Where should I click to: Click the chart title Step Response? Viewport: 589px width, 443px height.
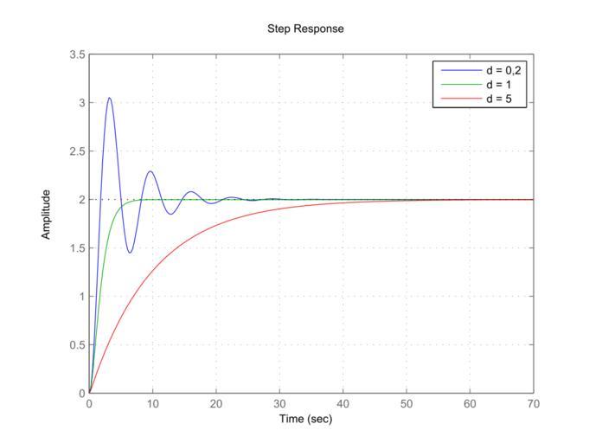click(305, 29)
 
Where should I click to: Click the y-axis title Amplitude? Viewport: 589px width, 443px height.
click(48, 215)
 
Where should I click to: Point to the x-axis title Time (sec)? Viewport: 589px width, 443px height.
click(305, 420)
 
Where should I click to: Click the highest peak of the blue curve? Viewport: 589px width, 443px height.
click(109, 98)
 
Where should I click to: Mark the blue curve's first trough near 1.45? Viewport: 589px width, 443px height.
click(130, 253)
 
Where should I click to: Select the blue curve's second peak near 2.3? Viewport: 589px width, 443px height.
click(150, 170)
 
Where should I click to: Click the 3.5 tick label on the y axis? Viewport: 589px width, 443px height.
click(77, 55)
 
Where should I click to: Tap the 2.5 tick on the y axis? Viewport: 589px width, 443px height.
click(77, 151)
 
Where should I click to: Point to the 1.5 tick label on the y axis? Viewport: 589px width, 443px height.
click(77, 248)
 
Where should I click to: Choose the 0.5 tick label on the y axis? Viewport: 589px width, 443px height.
click(77, 345)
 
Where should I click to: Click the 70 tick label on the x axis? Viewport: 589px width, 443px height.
click(534, 404)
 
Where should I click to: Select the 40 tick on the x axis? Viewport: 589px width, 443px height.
click(343, 404)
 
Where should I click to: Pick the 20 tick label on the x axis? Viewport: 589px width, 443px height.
click(216, 404)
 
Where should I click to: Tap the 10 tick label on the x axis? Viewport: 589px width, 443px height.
click(153, 404)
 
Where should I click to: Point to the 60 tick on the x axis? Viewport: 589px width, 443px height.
click(471, 404)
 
